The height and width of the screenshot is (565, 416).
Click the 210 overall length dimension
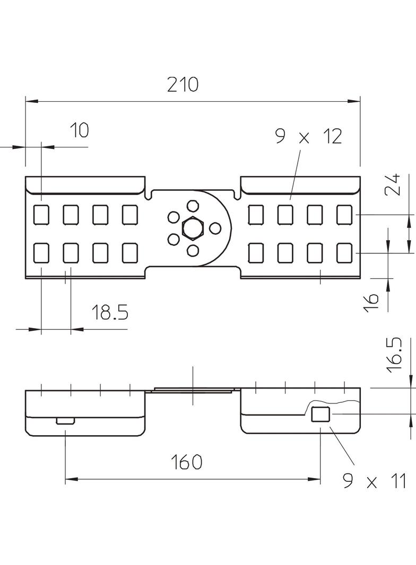(x=184, y=84)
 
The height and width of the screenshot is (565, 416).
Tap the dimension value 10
(x=79, y=130)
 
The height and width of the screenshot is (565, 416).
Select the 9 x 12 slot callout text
(x=308, y=137)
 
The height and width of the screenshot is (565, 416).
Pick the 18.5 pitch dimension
(x=110, y=312)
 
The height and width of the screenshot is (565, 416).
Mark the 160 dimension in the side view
(x=186, y=462)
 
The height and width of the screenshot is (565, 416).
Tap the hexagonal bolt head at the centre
(x=192, y=228)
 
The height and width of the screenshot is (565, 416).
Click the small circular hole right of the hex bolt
(x=215, y=228)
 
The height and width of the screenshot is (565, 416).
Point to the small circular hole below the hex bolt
(x=193, y=251)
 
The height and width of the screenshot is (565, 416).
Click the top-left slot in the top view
(x=41, y=215)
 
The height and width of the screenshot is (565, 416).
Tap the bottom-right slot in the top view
(x=344, y=253)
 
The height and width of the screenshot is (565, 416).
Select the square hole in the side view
(x=320, y=414)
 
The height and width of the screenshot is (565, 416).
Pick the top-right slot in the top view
(x=344, y=215)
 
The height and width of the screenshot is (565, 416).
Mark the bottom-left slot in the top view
(x=41, y=253)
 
